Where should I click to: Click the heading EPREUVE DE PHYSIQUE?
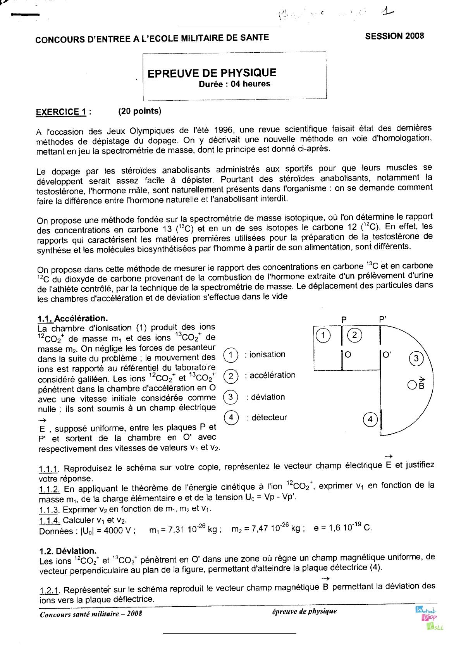point(212,73)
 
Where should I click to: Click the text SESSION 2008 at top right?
point(394,36)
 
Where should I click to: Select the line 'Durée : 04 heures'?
point(234,84)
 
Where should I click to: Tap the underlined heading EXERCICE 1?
point(64,112)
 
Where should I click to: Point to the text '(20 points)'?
point(139,111)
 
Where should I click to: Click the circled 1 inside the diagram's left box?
point(323,335)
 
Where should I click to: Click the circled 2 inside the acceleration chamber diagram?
point(354,335)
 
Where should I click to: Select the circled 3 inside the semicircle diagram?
point(416,358)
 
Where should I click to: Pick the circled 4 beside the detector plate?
point(370,419)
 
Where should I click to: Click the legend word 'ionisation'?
point(267,354)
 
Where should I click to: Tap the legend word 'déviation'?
point(268,397)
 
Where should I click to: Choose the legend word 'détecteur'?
point(269,418)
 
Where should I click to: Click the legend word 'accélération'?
point(272,375)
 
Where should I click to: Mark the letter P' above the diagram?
point(383,320)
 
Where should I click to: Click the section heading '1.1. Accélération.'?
point(72,318)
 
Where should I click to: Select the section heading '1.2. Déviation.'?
point(68,551)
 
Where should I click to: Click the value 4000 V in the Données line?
point(117,531)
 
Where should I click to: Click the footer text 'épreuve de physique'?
point(304,611)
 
